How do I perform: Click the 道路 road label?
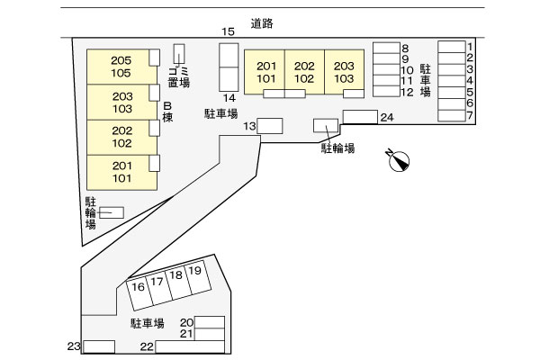[262, 23]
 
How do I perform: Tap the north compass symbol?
[399, 160]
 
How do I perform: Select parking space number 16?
[139, 294]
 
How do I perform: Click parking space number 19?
[198, 276]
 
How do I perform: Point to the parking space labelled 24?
[360, 117]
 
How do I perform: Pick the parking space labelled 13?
[270, 126]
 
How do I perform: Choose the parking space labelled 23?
[99, 346]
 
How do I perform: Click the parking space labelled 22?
[190, 346]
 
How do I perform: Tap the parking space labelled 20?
[210, 322]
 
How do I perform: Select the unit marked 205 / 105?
[121, 67]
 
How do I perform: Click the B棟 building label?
[167, 112]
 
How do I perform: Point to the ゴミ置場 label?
[179, 76]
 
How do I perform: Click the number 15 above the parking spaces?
[228, 31]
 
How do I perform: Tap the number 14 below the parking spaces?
[229, 98]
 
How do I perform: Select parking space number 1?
[452, 47]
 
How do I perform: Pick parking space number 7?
[452, 116]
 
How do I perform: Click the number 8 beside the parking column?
[405, 49]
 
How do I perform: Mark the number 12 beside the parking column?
[407, 92]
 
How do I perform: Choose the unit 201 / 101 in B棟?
[121, 172]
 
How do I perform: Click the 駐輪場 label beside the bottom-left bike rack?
[91, 213]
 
